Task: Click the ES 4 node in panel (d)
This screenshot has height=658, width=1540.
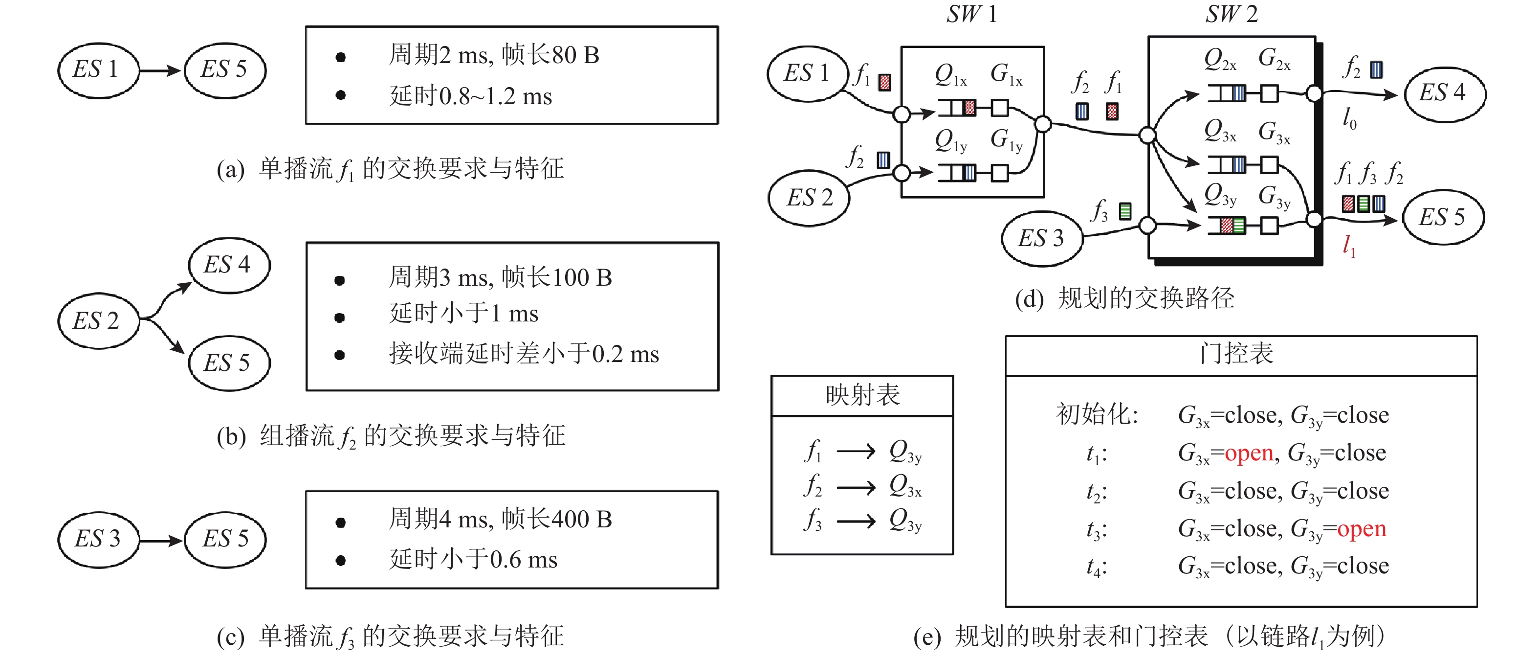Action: click(x=1444, y=94)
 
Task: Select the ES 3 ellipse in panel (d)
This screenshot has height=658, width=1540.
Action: click(x=1041, y=238)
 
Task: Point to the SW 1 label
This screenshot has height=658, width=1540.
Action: click(x=971, y=14)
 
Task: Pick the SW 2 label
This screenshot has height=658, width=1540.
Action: click(x=1232, y=14)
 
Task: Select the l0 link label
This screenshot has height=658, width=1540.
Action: click(x=1349, y=118)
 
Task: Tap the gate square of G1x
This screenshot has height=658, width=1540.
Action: click(x=1000, y=108)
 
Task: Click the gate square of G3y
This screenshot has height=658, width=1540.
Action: click(x=1269, y=226)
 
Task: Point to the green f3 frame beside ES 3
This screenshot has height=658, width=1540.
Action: click(x=1125, y=211)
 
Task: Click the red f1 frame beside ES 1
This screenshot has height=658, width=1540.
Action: click(x=885, y=82)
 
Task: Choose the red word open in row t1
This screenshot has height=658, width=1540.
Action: click(x=1248, y=454)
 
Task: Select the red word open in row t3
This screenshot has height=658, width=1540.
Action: click(x=1361, y=529)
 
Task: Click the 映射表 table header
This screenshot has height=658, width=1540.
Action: click(x=862, y=395)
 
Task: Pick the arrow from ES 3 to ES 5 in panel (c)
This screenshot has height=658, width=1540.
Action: click(x=160, y=541)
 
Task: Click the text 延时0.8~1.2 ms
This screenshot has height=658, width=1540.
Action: click(x=470, y=96)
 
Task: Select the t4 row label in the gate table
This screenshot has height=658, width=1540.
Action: click(x=1096, y=567)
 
